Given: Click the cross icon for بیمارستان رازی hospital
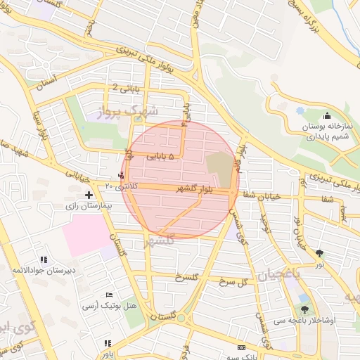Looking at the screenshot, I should [x=89, y=195].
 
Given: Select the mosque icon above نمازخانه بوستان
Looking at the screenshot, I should [x=326, y=116].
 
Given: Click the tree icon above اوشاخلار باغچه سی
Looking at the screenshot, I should [x=304, y=309].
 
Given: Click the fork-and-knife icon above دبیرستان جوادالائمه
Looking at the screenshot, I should [x=45, y=259].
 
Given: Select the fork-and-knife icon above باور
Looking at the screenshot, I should [x=108, y=343].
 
